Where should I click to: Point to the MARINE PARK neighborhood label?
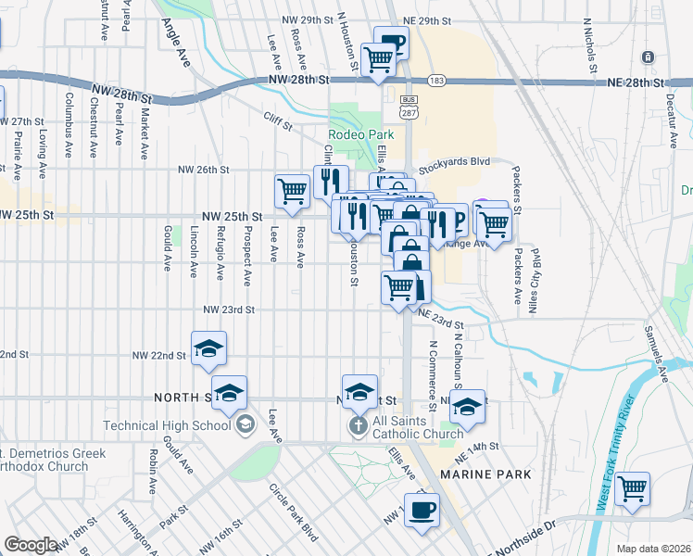(486, 474)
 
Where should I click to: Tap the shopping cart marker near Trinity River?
(633, 486)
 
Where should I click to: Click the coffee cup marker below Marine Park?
(422, 509)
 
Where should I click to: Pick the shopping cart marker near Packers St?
(495, 223)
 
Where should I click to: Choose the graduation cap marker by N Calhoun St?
(468, 406)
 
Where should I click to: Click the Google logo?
(31, 545)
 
